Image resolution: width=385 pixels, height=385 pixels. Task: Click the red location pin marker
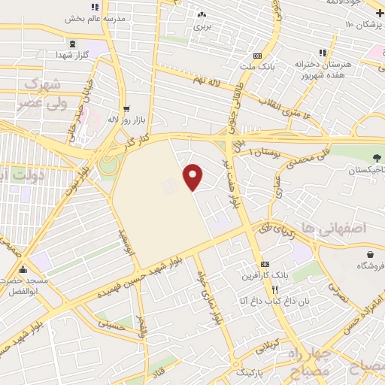(194, 177)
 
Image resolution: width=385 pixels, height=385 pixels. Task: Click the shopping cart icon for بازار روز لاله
(126, 108)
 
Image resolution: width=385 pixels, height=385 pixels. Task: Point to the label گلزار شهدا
(74, 55)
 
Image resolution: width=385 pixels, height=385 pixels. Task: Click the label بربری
(201, 26)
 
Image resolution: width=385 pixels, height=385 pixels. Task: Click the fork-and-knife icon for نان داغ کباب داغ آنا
(275, 290)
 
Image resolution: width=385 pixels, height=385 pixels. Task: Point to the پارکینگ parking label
(251, 372)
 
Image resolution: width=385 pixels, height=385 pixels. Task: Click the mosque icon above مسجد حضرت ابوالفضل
(23, 270)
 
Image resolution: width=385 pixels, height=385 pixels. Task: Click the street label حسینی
(111, 324)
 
